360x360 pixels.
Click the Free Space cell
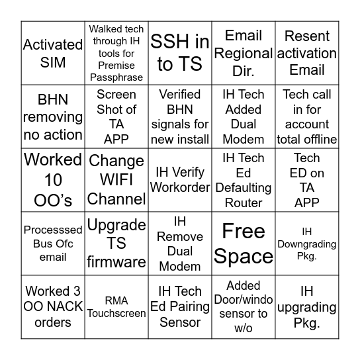click(x=244, y=244)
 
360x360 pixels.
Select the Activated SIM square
click(x=53, y=53)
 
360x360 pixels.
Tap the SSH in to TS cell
click(x=180, y=53)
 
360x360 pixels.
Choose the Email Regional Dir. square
click(x=244, y=53)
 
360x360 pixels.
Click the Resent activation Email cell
click(x=307, y=53)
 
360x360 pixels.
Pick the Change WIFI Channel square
click(x=116, y=180)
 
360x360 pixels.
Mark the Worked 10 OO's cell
click(x=53, y=180)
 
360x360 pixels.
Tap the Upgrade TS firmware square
click(x=116, y=244)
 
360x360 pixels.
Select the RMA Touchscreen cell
click(x=116, y=306)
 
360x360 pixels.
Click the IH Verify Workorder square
click(x=180, y=180)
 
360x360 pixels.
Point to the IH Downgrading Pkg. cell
click(x=307, y=244)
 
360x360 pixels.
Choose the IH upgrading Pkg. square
click(x=307, y=306)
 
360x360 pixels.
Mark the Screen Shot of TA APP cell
click(x=116, y=116)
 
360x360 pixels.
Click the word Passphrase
click(x=116, y=77)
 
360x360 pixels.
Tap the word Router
click(x=244, y=202)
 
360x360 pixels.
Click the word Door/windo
click(x=244, y=299)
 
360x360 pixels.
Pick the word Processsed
click(x=53, y=230)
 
